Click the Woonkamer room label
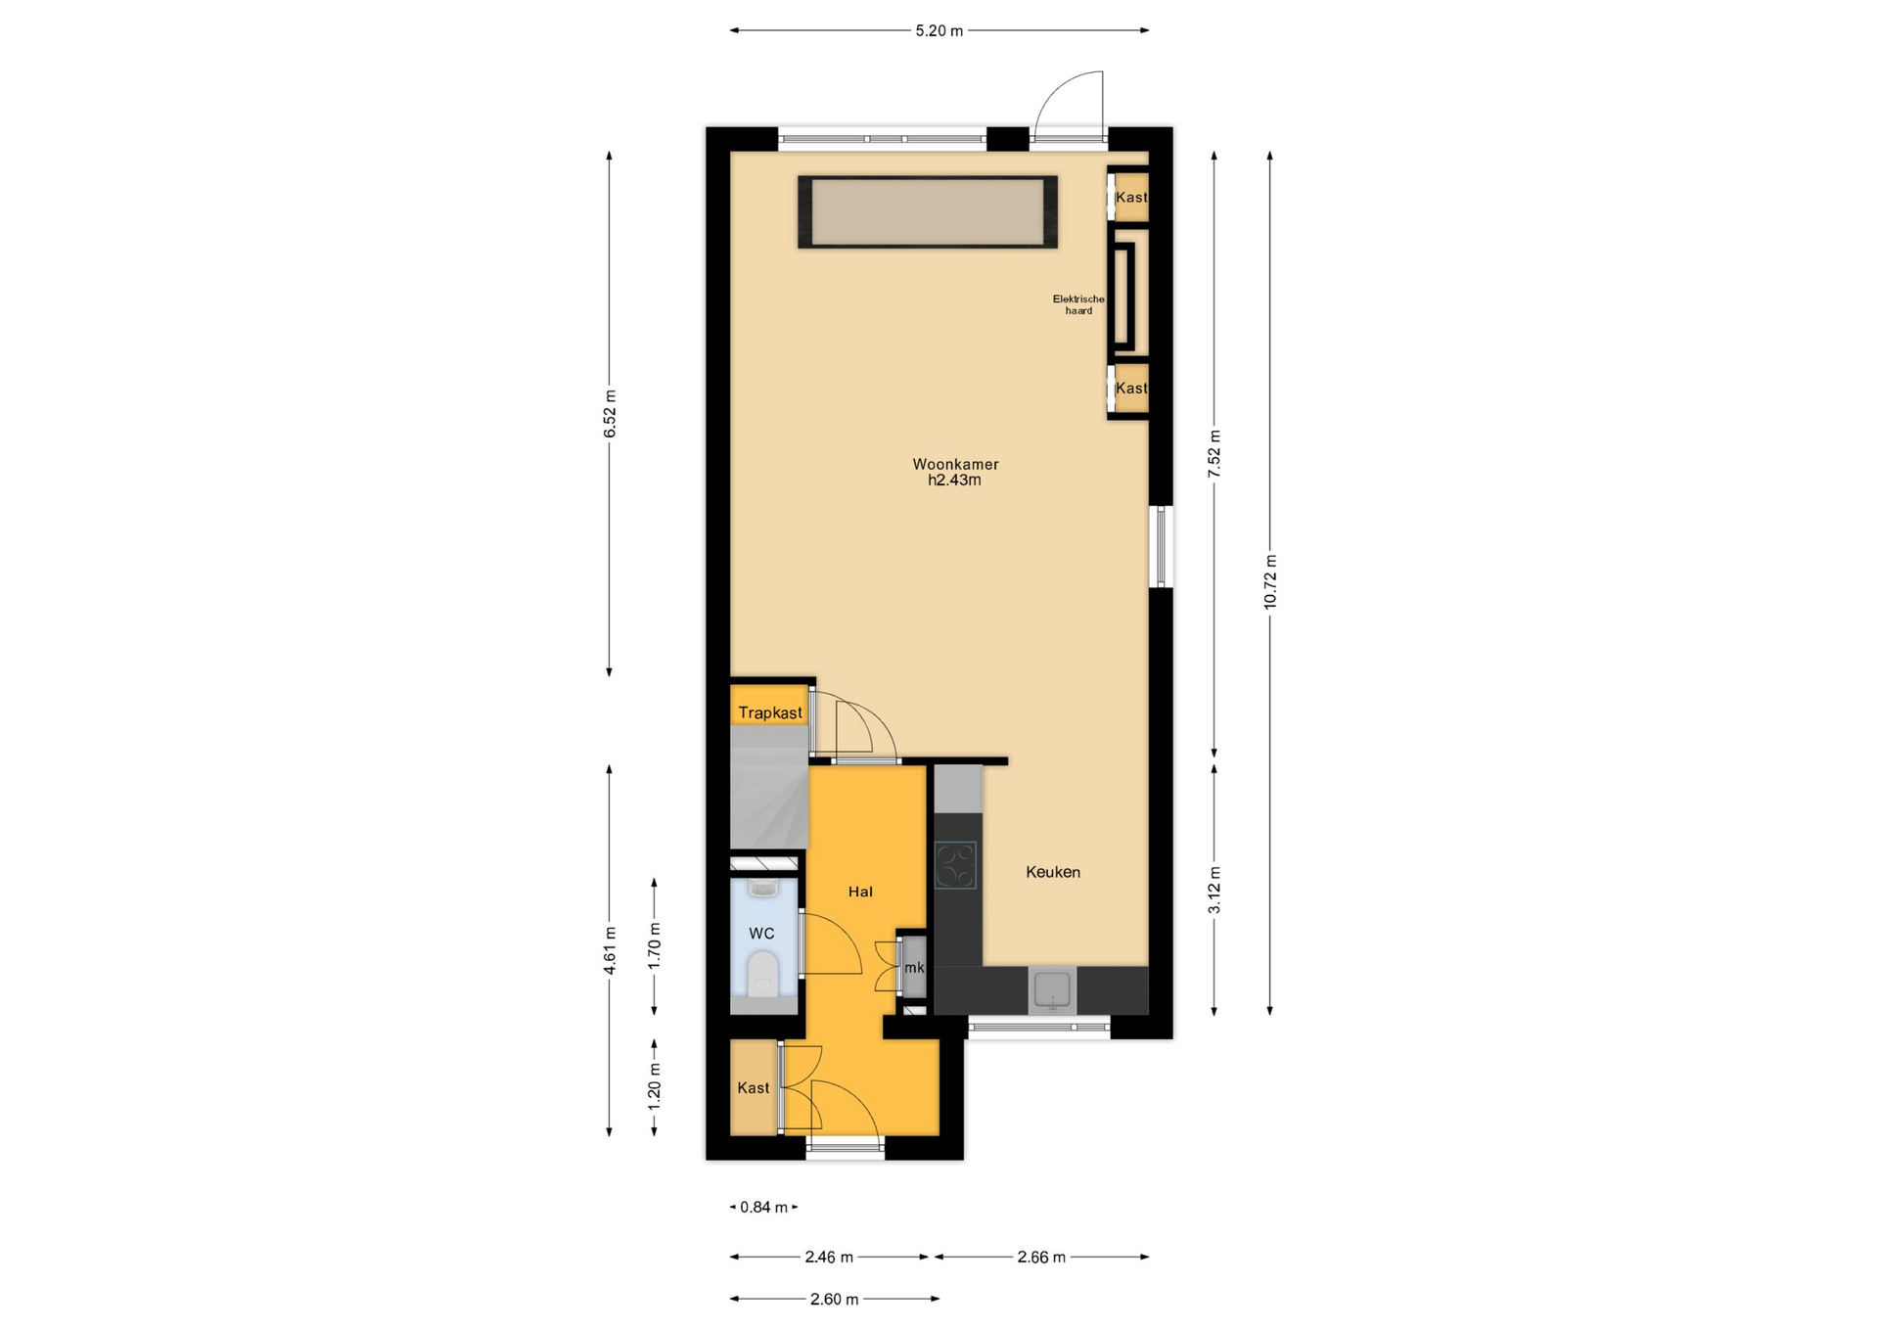coord(955,464)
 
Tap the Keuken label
coord(1053,872)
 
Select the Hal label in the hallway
coord(860,892)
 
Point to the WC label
coord(761,934)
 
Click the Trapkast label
coord(770,712)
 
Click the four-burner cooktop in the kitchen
coord(955,865)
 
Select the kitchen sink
coord(1052,990)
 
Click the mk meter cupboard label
coord(914,968)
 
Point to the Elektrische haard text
coord(1078,304)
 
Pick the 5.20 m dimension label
coord(939,30)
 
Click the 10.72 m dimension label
coord(1270,582)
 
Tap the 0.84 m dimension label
coord(764,1208)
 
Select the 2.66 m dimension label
coord(1041,1257)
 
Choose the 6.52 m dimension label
coord(610,414)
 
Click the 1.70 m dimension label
coord(655,946)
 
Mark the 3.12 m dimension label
coord(1214,891)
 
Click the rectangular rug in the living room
coord(928,211)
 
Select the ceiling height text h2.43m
coord(955,480)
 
